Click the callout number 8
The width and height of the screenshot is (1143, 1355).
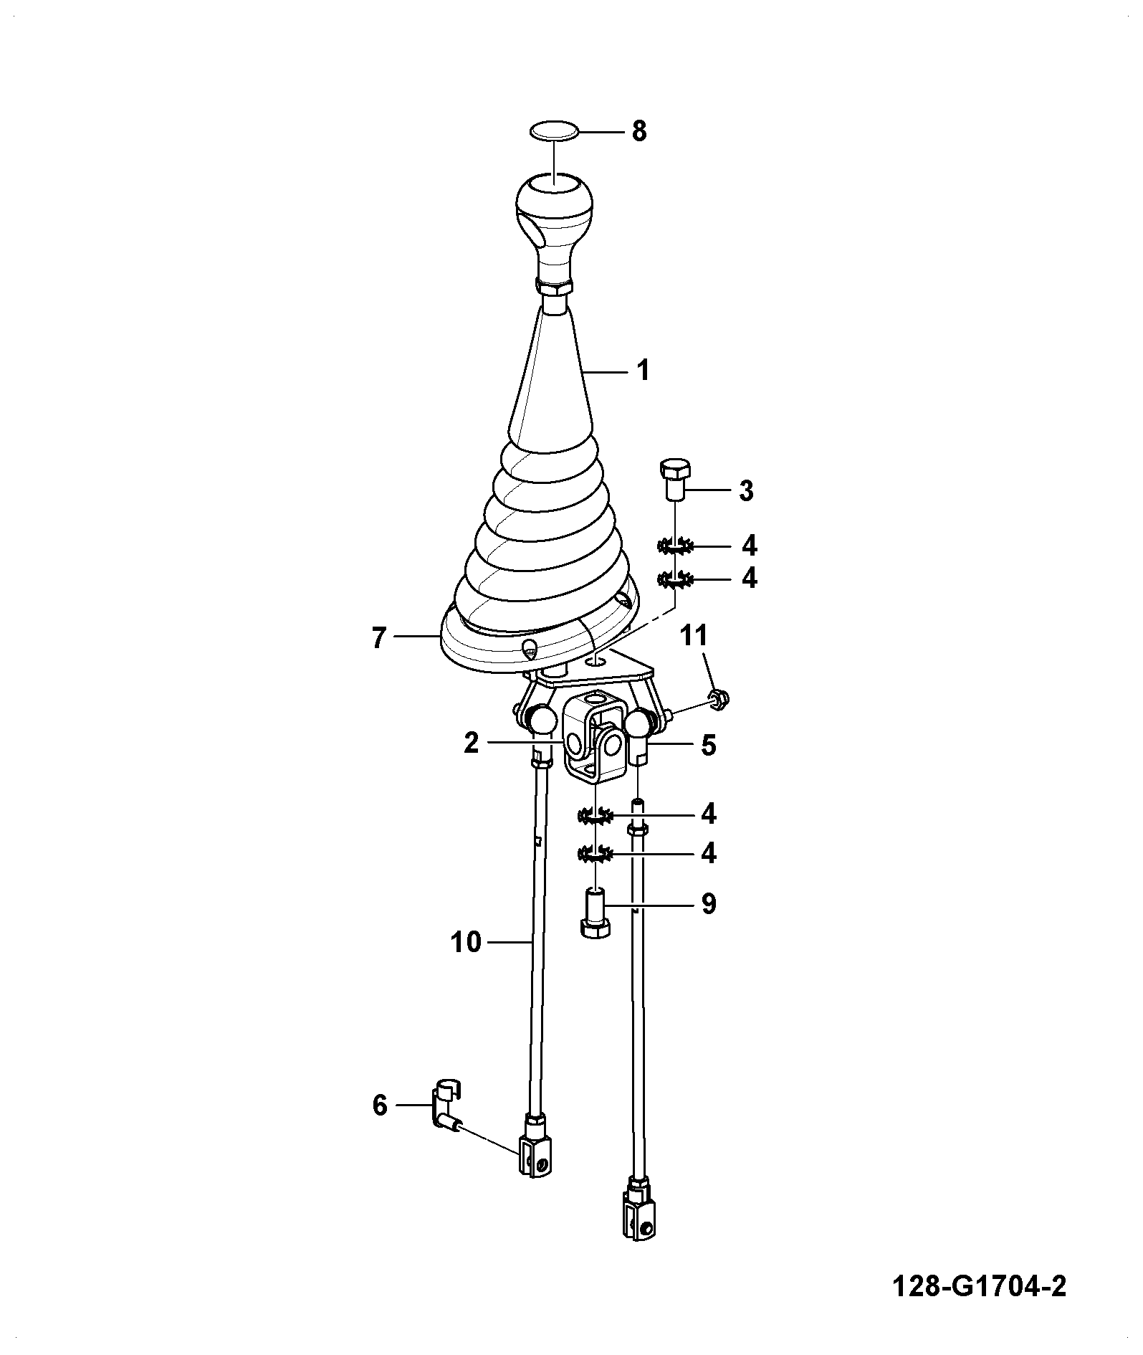point(639,132)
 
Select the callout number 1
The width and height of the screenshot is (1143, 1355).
point(643,371)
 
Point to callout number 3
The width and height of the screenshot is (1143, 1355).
point(746,491)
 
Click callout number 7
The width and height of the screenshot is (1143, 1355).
point(379,637)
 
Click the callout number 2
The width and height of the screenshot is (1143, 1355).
point(471,743)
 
